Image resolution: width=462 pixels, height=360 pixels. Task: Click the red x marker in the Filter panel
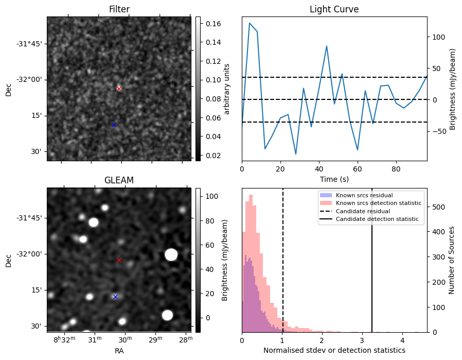coord(119,89)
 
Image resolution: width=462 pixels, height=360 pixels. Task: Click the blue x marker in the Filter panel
coord(114,125)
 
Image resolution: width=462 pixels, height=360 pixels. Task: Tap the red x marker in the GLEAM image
coord(119,260)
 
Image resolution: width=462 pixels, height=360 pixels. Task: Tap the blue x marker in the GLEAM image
coord(115,297)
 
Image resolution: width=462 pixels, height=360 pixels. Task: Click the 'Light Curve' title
coord(334,9)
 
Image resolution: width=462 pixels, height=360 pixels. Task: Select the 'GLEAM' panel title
coord(119,180)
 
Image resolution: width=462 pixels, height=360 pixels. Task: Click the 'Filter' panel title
coord(119,9)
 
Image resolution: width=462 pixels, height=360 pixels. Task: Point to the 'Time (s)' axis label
coord(334,179)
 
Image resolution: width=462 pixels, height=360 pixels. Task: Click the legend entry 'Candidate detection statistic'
coord(378,219)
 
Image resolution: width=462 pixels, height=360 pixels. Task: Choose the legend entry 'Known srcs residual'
coord(364,195)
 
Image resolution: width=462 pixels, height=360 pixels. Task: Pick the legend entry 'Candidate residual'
coord(364,211)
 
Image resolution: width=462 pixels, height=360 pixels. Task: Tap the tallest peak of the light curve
coord(250,23)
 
